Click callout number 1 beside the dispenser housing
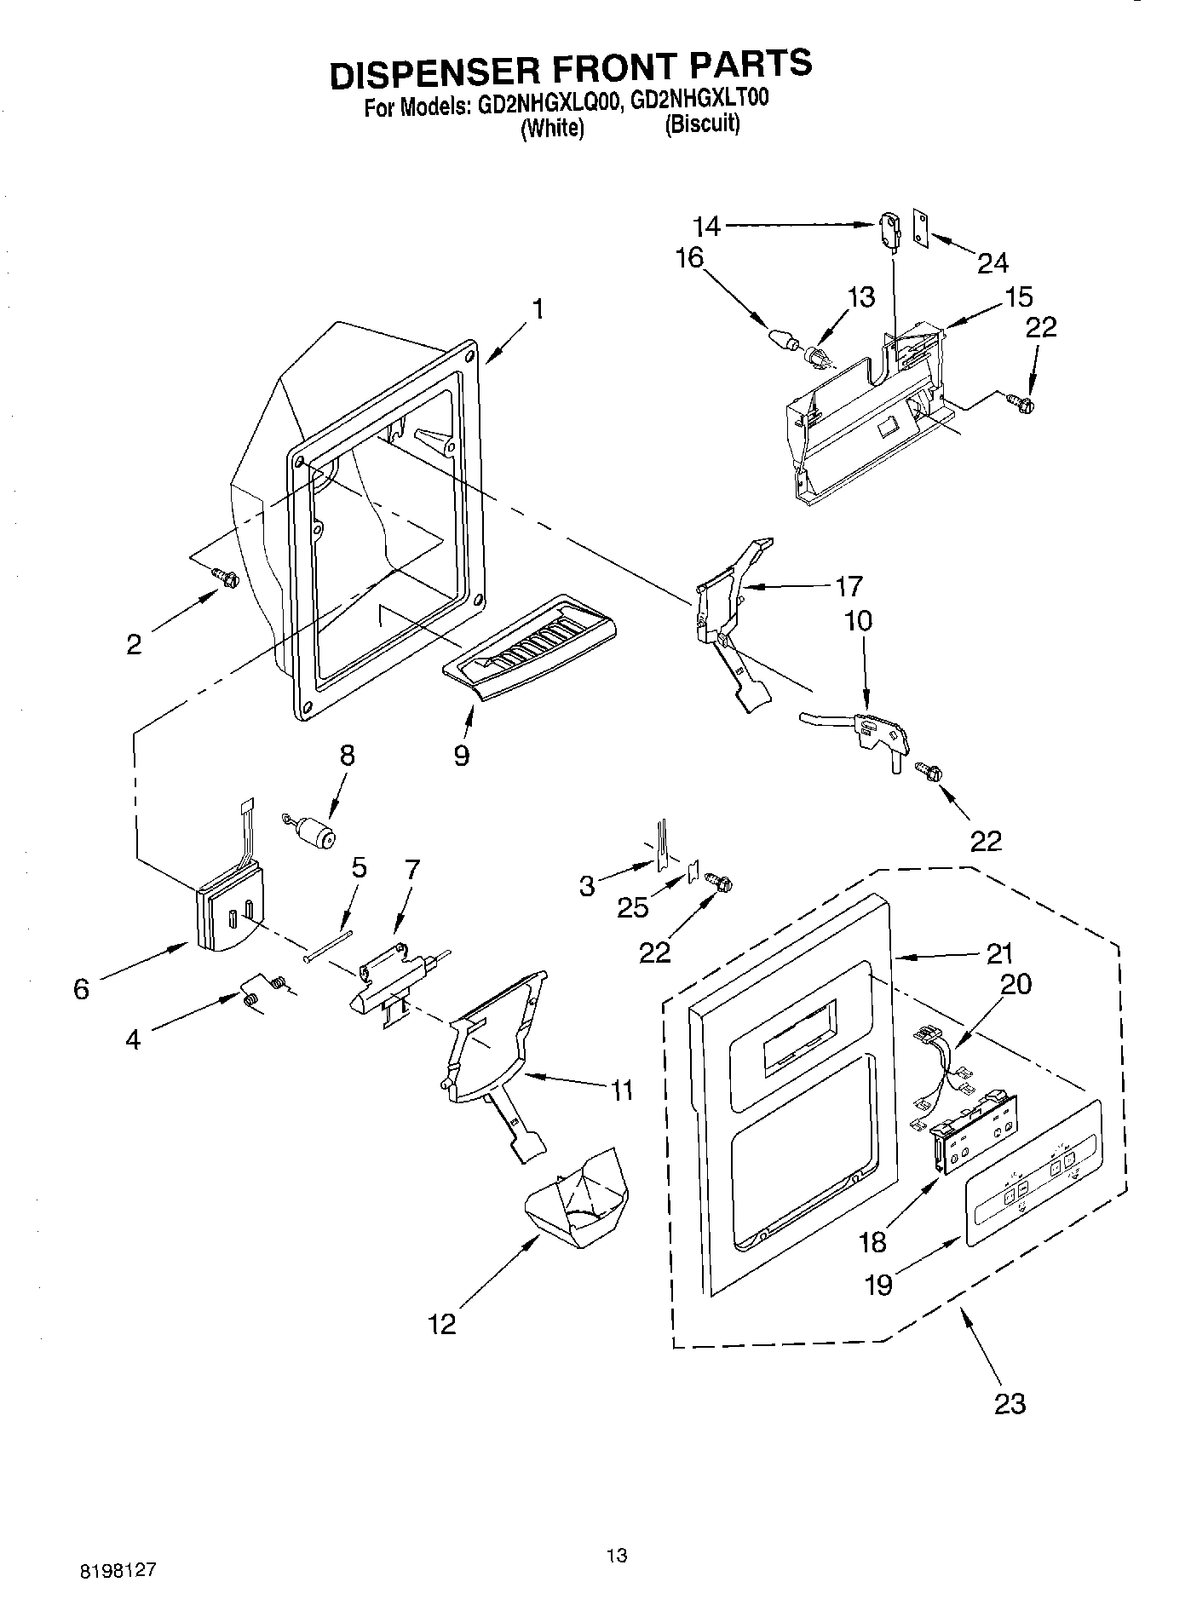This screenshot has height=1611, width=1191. [x=538, y=308]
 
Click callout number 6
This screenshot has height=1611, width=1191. [x=81, y=989]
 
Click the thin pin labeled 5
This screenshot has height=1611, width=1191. [x=328, y=945]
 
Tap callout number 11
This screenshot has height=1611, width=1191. [x=622, y=1090]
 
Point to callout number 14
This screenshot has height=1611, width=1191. [x=706, y=227]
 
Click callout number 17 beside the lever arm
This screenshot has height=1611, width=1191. [x=849, y=586]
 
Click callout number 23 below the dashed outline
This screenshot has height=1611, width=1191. [x=1010, y=1403]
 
